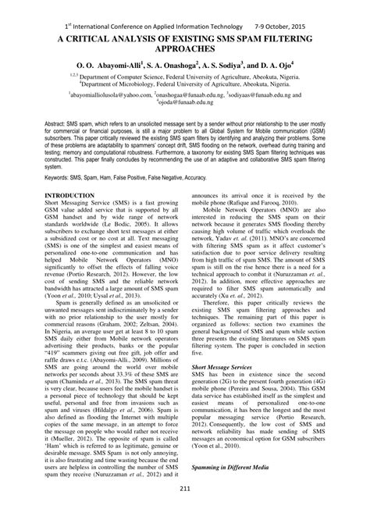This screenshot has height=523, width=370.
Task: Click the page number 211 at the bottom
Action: point(185,511)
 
